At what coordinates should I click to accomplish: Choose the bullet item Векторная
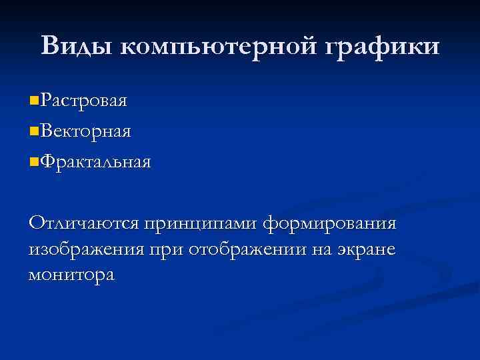[x=85, y=131]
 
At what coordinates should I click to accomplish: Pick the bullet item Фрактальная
[x=95, y=161]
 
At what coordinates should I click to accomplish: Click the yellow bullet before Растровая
[x=34, y=101]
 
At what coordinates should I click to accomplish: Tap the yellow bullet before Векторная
[x=34, y=131]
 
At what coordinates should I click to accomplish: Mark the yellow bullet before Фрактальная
[x=34, y=161]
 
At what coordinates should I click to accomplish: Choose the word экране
[x=370, y=249]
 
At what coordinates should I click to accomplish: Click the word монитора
[x=71, y=274]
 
